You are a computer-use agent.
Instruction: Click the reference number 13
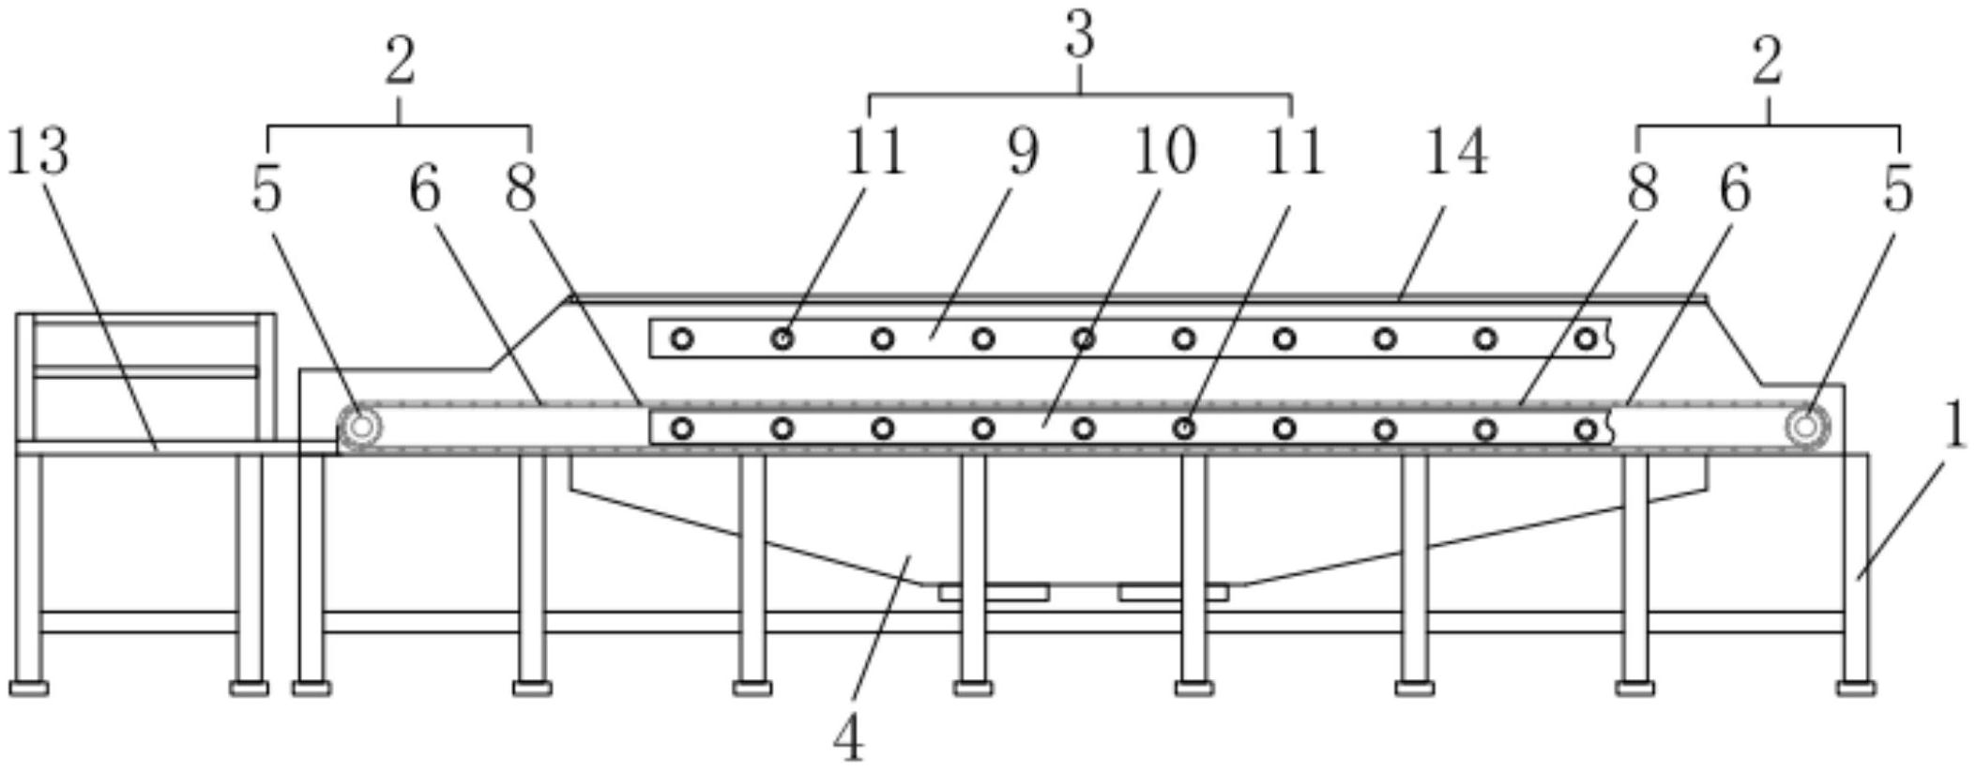[x=38, y=152]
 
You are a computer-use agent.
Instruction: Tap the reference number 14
[x=1455, y=152]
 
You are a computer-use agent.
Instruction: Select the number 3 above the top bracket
[x=1080, y=38]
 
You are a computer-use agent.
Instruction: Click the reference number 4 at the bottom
[x=848, y=739]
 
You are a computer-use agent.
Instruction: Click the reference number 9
[x=1024, y=152]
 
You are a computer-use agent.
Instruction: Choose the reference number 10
[x=1164, y=152]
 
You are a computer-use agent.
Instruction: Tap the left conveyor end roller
[x=360, y=428]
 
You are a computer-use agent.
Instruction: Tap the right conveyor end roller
[x=1804, y=428]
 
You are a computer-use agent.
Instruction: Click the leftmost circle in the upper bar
[x=682, y=339]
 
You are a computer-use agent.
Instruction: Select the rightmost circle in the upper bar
[x=1585, y=339]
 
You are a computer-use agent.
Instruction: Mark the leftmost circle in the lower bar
[x=682, y=429]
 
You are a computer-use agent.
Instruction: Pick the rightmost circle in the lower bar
[x=1585, y=430]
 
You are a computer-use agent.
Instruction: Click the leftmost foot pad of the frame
[x=28, y=688]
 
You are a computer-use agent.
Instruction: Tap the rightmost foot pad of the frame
[x=1856, y=688]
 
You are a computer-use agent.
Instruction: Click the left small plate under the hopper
[x=993, y=592]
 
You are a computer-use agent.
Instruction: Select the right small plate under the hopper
[x=1173, y=592]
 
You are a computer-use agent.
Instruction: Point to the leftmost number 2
[x=400, y=64]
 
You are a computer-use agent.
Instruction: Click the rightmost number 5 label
[x=1897, y=189]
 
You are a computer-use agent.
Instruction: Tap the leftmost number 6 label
[x=424, y=189]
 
